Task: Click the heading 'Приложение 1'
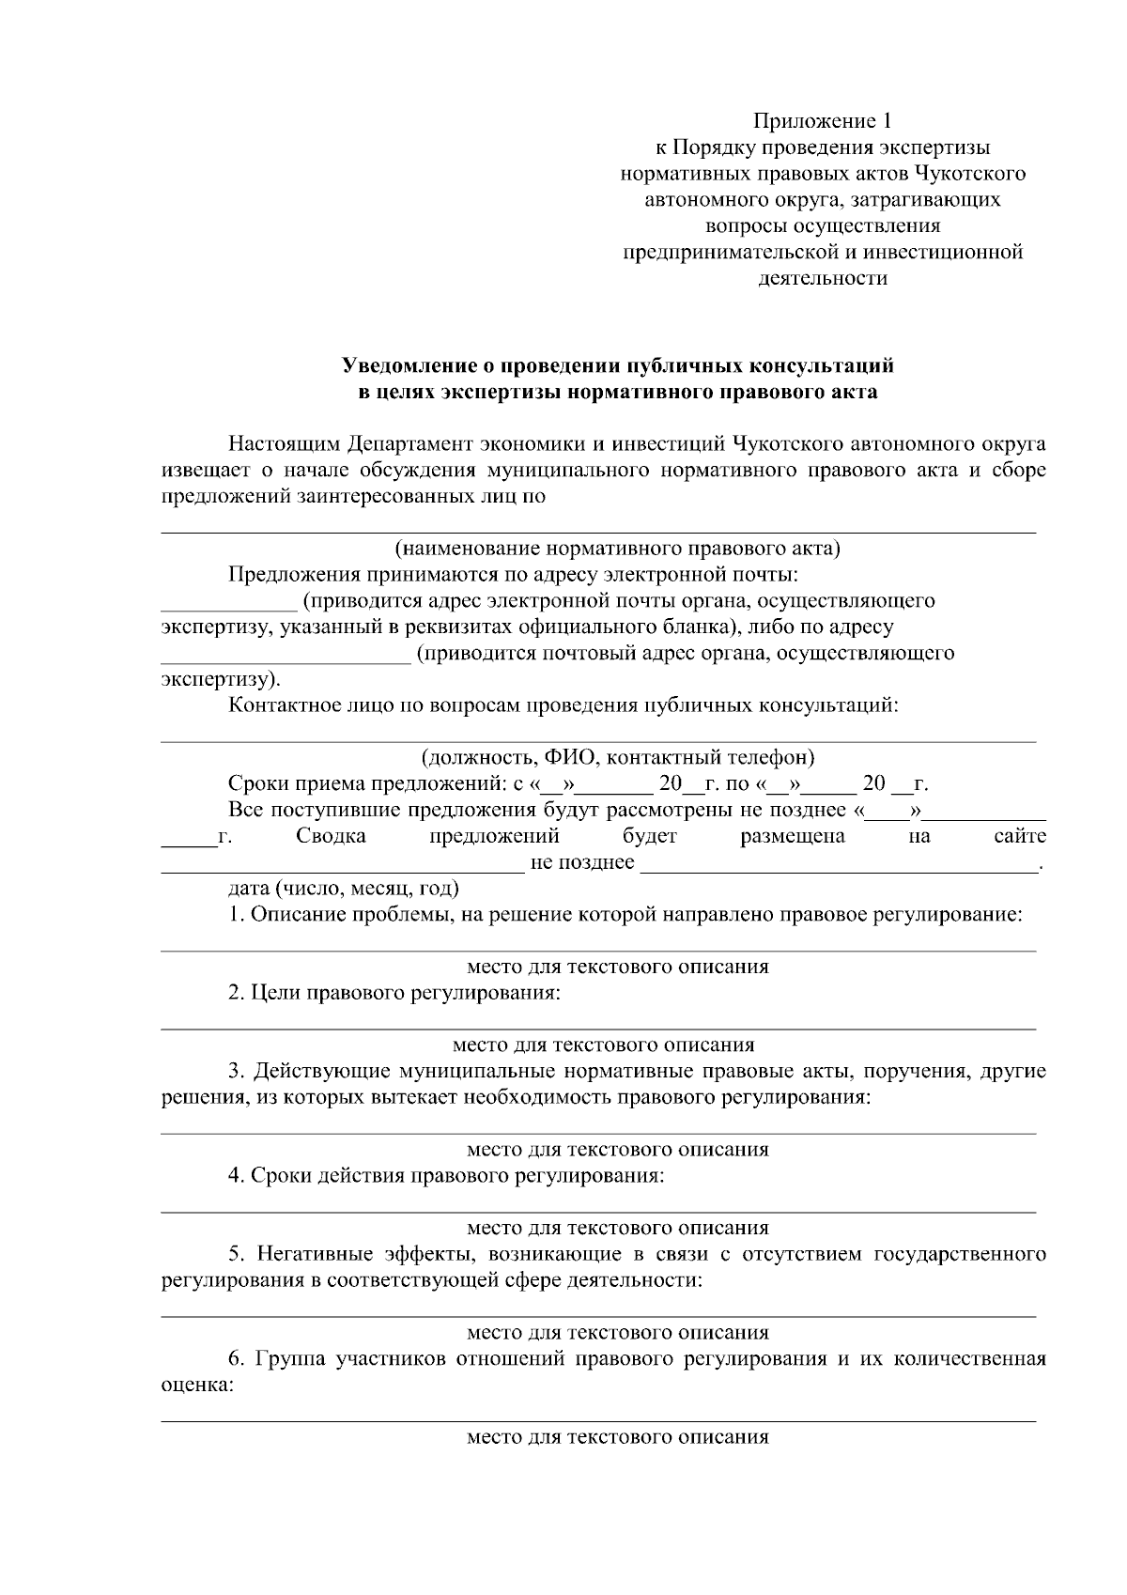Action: coord(822,121)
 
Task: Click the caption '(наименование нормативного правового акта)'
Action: coord(616,549)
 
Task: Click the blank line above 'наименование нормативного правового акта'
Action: coord(598,531)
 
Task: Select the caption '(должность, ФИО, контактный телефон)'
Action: coord(617,757)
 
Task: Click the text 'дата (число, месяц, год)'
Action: coord(343,888)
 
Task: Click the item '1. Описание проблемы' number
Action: coord(236,914)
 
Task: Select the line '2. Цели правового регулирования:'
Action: coord(394,993)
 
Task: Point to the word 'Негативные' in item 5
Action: coord(316,1254)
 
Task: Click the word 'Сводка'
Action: coord(331,836)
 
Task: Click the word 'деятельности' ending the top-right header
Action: coord(822,278)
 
